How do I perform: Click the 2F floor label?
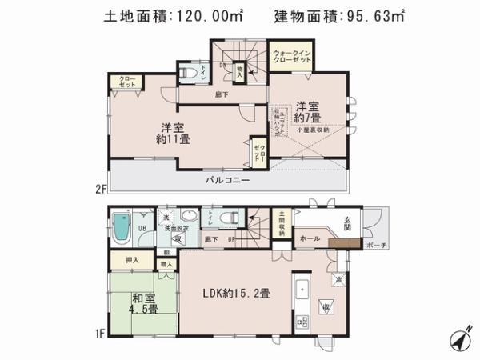pos(101,189)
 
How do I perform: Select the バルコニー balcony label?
pos(228,181)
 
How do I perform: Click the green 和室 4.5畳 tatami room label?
pos(144,304)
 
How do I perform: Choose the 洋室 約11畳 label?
pos(172,133)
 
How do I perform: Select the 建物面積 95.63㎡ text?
pos(339,15)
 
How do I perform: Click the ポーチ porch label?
pos(379,246)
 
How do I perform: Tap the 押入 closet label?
pos(133,260)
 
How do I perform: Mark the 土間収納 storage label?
pos(282,222)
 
